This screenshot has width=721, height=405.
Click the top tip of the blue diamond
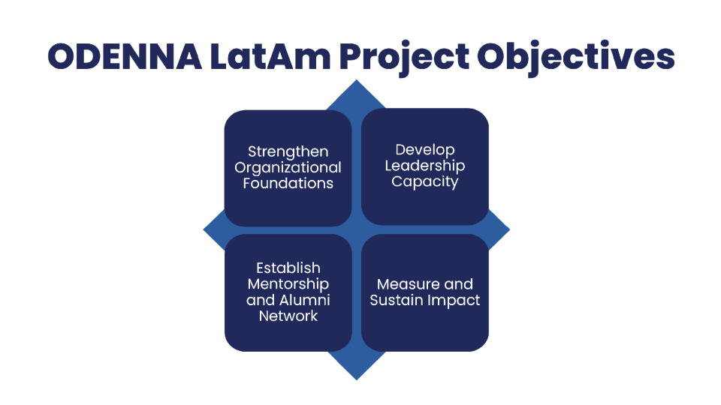[356, 80]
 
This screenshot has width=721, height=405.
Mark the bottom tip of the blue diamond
[356, 379]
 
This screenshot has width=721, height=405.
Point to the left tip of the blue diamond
[204, 229]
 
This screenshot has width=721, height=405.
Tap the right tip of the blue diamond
[509, 229]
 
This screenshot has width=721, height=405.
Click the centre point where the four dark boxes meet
[356, 230]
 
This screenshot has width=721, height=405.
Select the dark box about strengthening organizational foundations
[288, 168]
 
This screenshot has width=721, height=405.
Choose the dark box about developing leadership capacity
[425, 166]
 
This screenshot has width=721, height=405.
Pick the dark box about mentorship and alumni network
[288, 293]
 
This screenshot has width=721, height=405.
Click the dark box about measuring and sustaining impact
[425, 293]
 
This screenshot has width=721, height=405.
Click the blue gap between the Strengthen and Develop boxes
[356, 167]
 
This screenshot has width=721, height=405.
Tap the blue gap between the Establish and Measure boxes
[356, 293]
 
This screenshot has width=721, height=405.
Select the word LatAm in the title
[270, 56]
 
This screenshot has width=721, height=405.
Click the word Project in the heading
[405, 58]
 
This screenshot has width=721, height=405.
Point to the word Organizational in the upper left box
[288, 168]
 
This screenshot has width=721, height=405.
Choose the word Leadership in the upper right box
[425, 166]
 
